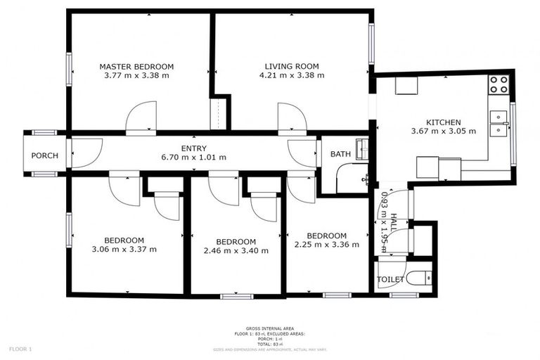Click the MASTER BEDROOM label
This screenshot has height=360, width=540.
click(136, 67)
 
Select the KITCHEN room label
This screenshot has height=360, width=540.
click(443, 122)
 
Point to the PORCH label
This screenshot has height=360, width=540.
click(44, 155)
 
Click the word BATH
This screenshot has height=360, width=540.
click(340, 154)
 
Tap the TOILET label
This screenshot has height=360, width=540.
click(391, 279)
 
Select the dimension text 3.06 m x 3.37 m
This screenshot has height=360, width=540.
click(124, 249)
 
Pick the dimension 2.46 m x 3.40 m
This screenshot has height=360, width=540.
click(236, 250)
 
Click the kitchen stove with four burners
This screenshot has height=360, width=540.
click(499, 85)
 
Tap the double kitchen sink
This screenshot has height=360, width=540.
click(501, 122)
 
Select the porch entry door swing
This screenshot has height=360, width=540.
click(84, 152)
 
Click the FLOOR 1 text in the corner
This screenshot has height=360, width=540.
click(20, 349)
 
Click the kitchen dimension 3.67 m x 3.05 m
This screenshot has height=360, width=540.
click(443, 131)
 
